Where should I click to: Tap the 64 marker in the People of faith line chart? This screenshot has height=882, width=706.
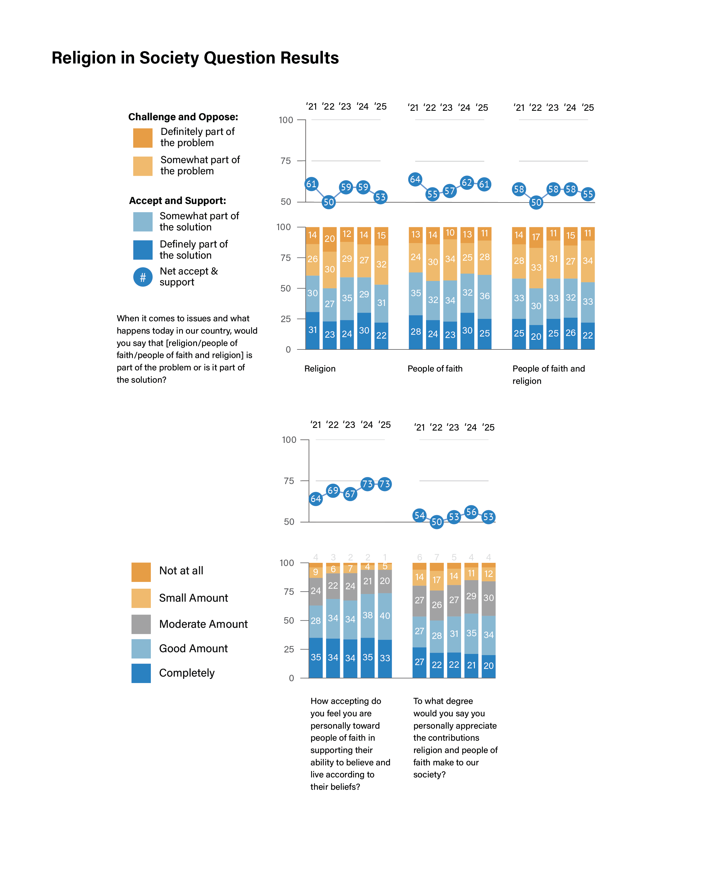[x=415, y=179]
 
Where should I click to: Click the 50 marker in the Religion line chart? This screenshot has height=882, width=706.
[x=329, y=202]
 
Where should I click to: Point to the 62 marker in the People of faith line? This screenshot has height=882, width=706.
[x=467, y=183]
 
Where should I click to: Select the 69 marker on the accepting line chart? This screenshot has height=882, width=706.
[x=333, y=491]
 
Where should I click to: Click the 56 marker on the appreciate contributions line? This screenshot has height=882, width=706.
[x=471, y=512]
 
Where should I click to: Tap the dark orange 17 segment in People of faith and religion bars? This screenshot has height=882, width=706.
[x=536, y=237]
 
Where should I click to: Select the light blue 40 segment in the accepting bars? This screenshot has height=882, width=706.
[x=385, y=616]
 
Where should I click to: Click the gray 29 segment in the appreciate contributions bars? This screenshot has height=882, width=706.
[x=471, y=596]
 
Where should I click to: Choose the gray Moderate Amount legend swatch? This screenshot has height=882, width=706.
[x=141, y=624]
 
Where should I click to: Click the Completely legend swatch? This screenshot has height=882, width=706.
[x=141, y=673]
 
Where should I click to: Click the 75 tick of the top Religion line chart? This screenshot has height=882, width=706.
[x=286, y=161]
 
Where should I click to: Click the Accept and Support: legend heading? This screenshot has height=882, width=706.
[x=177, y=201]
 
